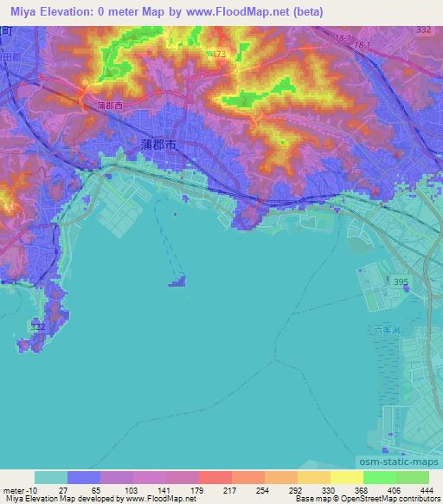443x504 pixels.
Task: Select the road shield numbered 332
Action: point(423,30)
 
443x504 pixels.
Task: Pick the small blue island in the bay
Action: point(179,281)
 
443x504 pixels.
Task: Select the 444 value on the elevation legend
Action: point(427,489)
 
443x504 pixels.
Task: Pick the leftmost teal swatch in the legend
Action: point(51,477)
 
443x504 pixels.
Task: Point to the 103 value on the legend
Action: point(132,489)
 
